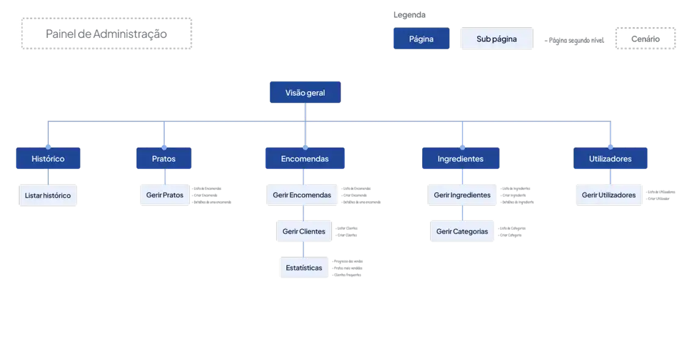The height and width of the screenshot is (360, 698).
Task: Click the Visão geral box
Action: pyautogui.click(x=305, y=93)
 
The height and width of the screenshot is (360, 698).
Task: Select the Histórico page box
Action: pyautogui.click(x=48, y=159)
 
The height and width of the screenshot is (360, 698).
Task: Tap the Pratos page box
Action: pyautogui.click(x=164, y=159)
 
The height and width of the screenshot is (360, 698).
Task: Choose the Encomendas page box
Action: pyautogui.click(x=304, y=159)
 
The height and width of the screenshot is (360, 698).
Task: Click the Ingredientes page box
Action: pyautogui.click(x=461, y=159)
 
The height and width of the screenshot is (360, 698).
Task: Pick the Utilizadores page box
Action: pyautogui.click(x=610, y=159)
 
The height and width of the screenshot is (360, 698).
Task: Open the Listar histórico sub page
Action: pyautogui.click(x=48, y=196)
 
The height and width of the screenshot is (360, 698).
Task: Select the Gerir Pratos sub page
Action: pyautogui.click(x=165, y=195)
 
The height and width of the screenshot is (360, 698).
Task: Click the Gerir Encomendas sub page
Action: pyautogui.click(x=302, y=195)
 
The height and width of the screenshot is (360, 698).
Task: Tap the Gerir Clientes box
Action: pyautogui.click(x=304, y=232)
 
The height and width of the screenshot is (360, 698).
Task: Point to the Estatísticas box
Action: pyautogui.click(x=304, y=268)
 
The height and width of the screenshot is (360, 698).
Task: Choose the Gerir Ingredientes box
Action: pyautogui.click(x=462, y=195)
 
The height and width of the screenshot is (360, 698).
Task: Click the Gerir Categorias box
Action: pyautogui.click(x=462, y=232)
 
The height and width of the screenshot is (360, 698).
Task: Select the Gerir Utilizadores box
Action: pyautogui.click(x=608, y=195)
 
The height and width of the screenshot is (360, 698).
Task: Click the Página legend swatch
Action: pyautogui.click(x=421, y=38)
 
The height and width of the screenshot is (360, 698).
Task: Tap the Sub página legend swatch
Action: pyautogui.click(x=497, y=38)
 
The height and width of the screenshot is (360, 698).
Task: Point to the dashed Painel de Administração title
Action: pyautogui.click(x=107, y=33)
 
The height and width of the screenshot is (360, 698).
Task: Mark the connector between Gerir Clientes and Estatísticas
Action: pyautogui.click(x=304, y=249)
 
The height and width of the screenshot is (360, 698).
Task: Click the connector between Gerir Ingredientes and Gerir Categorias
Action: pyautogui.click(x=462, y=213)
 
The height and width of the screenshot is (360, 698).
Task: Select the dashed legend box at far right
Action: pyautogui.click(x=646, y=38)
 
